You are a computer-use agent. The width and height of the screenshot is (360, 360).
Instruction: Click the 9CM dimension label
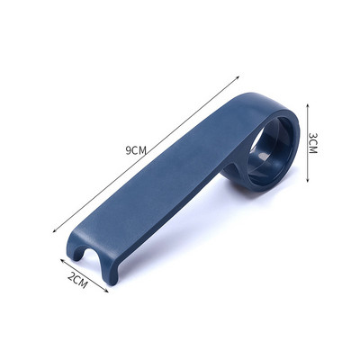136,150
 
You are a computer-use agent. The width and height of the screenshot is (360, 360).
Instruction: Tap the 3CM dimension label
312,143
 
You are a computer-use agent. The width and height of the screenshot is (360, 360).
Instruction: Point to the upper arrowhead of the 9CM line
238,77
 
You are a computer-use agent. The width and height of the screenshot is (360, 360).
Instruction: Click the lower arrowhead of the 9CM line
55,230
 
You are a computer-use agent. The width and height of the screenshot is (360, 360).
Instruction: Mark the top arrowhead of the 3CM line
308,106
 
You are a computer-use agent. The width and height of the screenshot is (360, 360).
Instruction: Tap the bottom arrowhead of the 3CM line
308,179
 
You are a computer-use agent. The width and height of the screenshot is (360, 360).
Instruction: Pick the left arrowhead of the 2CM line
62,261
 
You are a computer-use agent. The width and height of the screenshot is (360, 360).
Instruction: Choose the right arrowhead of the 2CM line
106,290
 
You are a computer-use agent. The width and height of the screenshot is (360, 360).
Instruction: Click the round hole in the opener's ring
271,150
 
